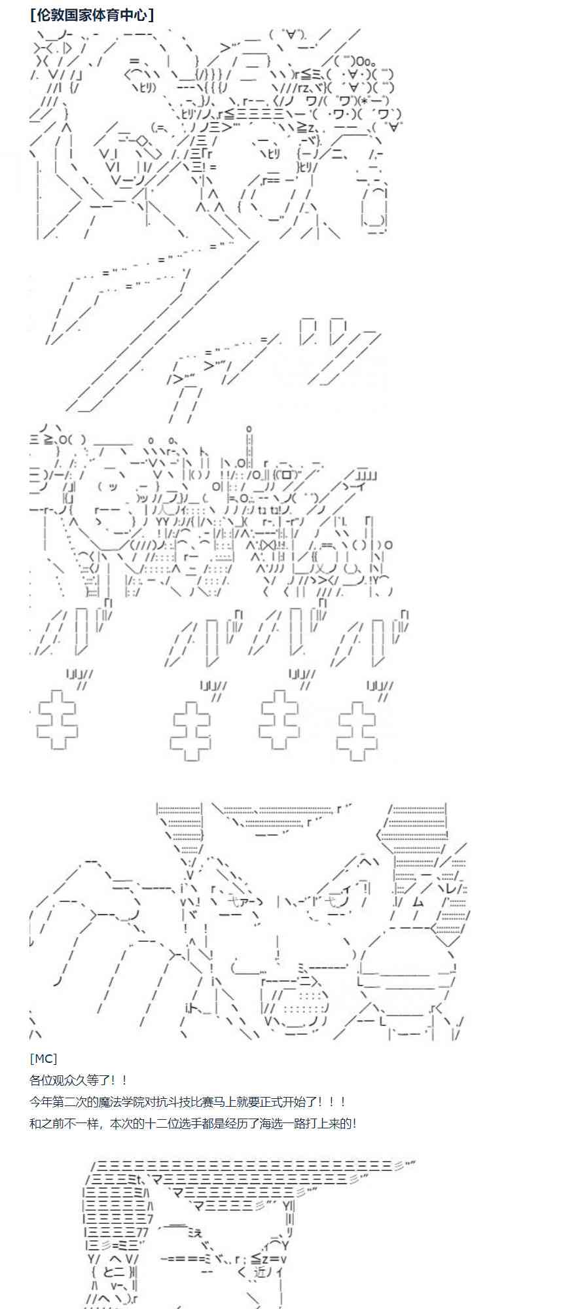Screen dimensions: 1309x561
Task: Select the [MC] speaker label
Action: pos(43,1058)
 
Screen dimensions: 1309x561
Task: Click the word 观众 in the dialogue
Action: pos(71,1081)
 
